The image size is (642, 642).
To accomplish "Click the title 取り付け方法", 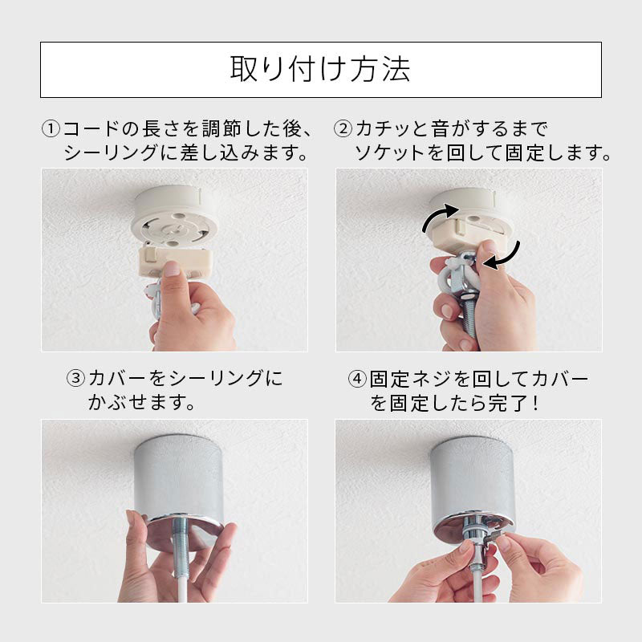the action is tap(320, 69).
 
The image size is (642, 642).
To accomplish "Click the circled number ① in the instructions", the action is tap(51, 129).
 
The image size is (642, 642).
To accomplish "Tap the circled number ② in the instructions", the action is tap(343, 129).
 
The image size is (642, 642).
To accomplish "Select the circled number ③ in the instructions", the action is tap(75, 378).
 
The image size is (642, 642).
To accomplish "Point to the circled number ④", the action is tap(357, 379).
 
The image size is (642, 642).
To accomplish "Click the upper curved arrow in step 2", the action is tap(439, 215).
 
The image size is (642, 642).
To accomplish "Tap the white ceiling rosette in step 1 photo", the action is tap(173, 216).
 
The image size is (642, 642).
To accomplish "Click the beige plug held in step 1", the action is tap(176, 259).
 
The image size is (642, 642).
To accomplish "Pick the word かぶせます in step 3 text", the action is tap(136, 403).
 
